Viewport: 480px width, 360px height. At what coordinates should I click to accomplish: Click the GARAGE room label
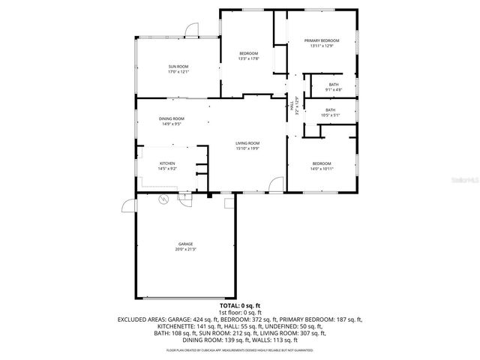(185, 244)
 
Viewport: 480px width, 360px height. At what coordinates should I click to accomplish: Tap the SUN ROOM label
(178, 67)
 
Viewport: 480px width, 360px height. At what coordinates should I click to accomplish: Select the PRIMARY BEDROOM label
(321, 40)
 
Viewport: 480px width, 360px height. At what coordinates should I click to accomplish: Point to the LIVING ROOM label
(247, 143)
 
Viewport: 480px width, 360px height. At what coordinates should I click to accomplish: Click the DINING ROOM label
(171, 118)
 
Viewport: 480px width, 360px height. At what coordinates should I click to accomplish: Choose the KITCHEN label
(167, 163)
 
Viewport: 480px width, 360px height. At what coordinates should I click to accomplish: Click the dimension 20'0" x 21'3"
(185, 249)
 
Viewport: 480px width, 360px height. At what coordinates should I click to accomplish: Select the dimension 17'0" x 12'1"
(178, 73)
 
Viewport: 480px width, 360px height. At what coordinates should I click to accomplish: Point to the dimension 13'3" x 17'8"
(248, 58)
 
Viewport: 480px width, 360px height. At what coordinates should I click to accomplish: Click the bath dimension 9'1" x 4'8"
(333, 90)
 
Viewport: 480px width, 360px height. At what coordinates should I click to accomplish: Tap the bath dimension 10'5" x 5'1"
(330, 115)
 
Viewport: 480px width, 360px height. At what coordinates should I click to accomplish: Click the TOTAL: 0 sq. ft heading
(240, 306)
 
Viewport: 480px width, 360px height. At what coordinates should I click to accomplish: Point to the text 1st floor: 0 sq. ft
(240, 312)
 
